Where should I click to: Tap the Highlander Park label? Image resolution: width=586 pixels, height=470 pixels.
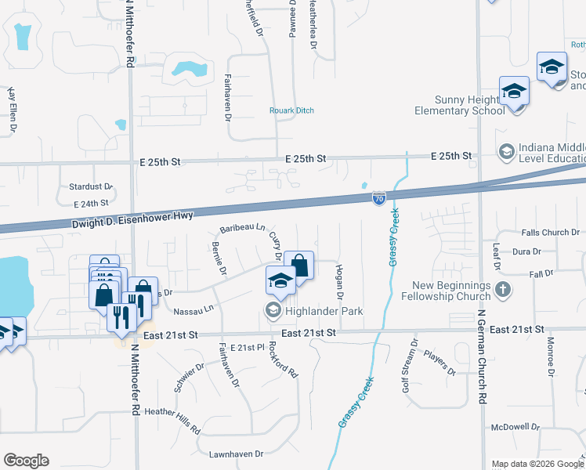tap(324, 311)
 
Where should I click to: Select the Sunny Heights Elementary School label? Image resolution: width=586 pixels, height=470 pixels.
tap(460, 105)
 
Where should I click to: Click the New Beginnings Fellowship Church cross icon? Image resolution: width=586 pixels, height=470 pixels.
tap(503, 291)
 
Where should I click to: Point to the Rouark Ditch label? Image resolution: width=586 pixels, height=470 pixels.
tap(291, 110)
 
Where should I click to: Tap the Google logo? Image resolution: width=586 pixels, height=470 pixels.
tap(26, 461)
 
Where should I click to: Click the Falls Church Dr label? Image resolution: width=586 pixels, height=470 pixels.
tap(549, 233)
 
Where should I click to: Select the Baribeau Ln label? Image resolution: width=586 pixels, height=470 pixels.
tap(242, 228)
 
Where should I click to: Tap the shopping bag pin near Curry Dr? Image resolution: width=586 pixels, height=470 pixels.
tap(299, 264)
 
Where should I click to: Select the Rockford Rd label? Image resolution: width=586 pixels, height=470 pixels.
tap(284, 361)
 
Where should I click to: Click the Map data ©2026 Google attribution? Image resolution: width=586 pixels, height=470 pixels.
tap(537, 464)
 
